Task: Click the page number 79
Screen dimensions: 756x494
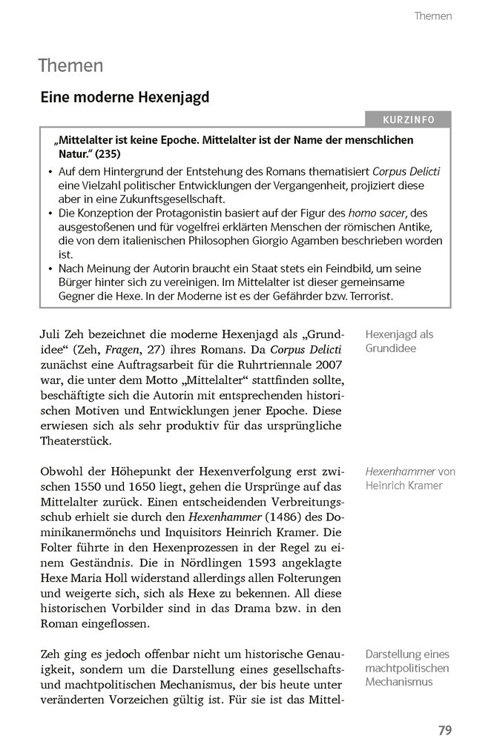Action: (444, 730)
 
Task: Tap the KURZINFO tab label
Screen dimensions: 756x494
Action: (409, 120)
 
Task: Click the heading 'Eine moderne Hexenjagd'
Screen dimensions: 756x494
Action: (125, 96)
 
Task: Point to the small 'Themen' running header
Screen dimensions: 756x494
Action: (433, 16)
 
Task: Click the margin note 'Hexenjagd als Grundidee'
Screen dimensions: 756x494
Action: (399, 341)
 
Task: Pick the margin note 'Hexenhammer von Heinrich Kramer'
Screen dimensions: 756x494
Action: (410, 478)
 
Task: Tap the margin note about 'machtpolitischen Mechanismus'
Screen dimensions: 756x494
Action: (407, 668)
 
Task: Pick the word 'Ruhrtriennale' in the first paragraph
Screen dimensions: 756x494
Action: (264, 365)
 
